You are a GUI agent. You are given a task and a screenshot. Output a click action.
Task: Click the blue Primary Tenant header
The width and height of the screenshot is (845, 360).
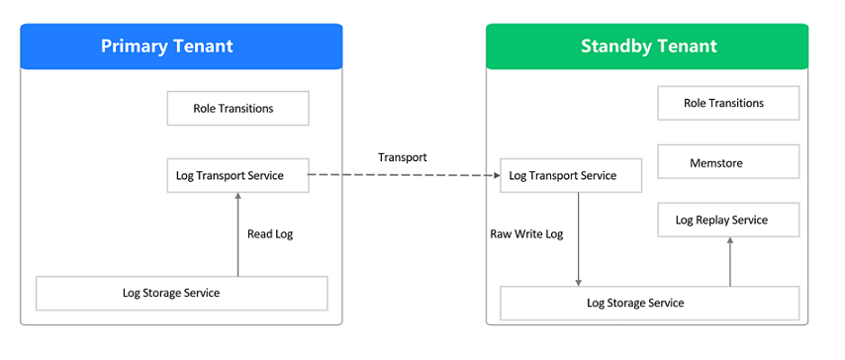click(181, 46)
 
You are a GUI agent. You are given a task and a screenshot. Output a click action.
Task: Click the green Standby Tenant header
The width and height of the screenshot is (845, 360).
click(647, 46)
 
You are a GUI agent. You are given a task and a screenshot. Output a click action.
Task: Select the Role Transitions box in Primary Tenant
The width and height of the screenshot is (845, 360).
click(237, 109)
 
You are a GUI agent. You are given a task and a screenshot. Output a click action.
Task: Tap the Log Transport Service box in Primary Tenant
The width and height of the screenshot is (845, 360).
click(237, 176)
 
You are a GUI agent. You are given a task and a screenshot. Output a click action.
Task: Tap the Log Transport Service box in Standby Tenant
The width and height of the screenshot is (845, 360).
click(571, 176)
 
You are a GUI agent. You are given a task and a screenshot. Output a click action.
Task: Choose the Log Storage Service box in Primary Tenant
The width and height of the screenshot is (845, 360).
click(181, 293)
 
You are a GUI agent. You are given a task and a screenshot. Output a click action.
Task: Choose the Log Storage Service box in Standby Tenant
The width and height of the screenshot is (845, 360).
click(648, 303)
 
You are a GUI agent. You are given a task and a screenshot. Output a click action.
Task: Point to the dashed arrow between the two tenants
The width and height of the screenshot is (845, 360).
click(404, 176)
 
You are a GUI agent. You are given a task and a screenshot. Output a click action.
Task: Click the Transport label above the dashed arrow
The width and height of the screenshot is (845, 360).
click(403, 157)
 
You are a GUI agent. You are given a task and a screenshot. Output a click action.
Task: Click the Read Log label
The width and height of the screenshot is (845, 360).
click(270, 234)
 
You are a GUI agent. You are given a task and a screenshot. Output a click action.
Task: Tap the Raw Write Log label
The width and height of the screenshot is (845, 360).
click(526, 234)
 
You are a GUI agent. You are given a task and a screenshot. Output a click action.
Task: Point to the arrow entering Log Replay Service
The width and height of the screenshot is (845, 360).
click(729, 262)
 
